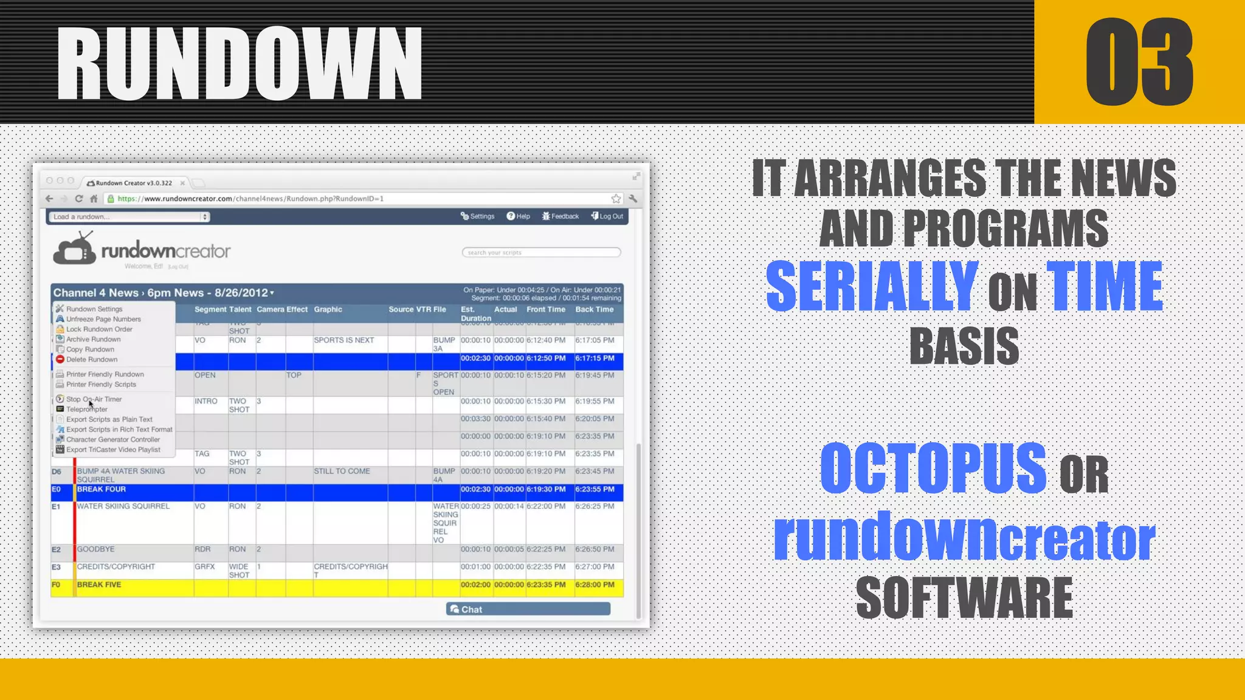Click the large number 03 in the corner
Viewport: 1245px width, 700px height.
pyautogui.click(x=1139, y=62)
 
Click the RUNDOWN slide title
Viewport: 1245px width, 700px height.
pyautogui.click(x=240, y=64)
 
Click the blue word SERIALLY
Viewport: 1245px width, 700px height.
pyautogui.click(x=872, y=286)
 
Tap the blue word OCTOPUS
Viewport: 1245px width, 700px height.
pyautogui.click(x=933, y=468)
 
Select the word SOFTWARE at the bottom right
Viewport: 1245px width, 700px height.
pyautogui.click(x=964, y=599)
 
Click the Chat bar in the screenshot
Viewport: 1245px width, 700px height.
pyautogui.click(x=528, y=609)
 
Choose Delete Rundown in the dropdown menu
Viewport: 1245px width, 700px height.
pyautogui.click(x=92, y=360)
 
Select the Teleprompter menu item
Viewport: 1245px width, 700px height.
pyautogui.click(x=87, y=410)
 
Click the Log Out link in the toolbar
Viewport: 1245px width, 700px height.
pyautogui.click(x=607, y=216)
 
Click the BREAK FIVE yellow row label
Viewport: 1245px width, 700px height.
pyautogui.click(x=99, y=585)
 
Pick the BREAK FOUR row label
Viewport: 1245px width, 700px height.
pyautogui.click(x=102, y=489)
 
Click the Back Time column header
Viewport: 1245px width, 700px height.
pyautogui.click(x=594, y=309)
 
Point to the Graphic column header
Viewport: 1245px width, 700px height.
pyautogui.click(x=328, y=309)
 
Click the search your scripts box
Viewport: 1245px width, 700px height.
pyautogui.click(x=541, y=252)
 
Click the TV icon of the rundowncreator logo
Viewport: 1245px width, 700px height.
pyautogui.click(x=74, y=249)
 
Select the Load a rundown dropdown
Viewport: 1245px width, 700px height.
pyautogui.click(x=129, y=217)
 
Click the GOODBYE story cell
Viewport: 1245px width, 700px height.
pyautogui.click(x=95, y=549)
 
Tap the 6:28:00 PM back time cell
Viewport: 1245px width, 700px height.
pyautogui.click(x=595, y=585)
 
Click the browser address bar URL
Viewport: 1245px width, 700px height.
pyautogui.click(x=250, y=199)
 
